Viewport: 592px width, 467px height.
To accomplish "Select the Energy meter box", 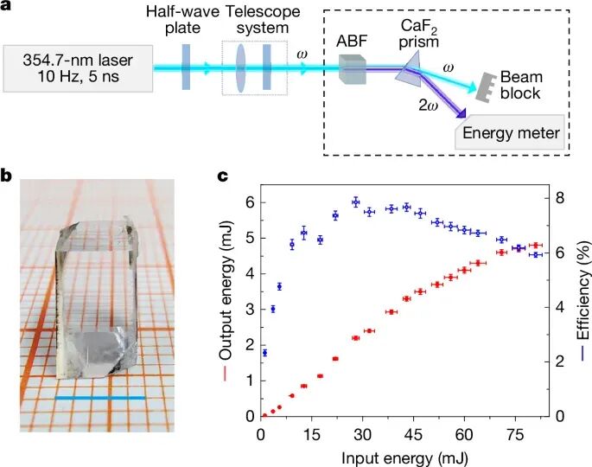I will [x=511, y=133].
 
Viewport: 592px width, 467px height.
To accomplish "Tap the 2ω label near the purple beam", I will [x=423, y=106].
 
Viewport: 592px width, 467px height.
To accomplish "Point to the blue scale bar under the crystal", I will [x=100, y=398].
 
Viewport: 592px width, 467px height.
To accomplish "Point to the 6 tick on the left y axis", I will [x=249, y=202].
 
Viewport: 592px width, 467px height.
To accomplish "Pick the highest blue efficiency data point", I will [x=355, y=202].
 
